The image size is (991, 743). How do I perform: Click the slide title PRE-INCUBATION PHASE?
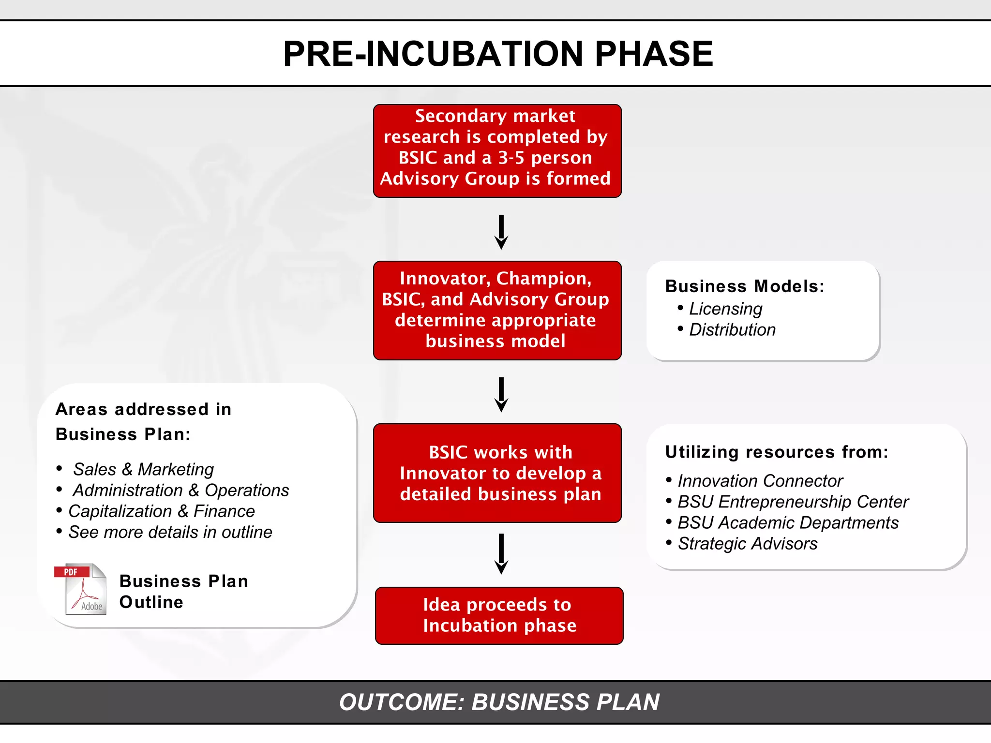498,54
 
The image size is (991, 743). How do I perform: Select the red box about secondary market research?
497,150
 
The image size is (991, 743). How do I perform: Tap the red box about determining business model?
497,310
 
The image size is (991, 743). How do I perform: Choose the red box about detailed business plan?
497,473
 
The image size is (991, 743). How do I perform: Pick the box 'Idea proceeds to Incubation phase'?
499,615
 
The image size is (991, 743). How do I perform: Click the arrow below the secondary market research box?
501,232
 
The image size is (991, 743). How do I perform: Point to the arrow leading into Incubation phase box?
501,554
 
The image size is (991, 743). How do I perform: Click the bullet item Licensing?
725,309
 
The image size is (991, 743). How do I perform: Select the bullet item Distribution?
732,329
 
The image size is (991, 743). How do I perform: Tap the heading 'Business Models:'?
744,286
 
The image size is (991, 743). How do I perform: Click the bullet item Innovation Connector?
760,481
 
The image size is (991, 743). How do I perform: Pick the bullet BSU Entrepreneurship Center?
793,502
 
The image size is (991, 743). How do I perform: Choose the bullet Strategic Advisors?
747,544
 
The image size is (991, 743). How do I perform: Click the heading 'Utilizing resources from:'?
776,452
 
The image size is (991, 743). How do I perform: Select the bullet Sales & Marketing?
143,469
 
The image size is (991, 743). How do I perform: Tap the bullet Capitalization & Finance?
161,511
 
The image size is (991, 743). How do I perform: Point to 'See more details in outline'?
170,532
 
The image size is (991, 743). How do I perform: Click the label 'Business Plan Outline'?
183,591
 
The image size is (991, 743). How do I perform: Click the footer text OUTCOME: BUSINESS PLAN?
499,702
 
